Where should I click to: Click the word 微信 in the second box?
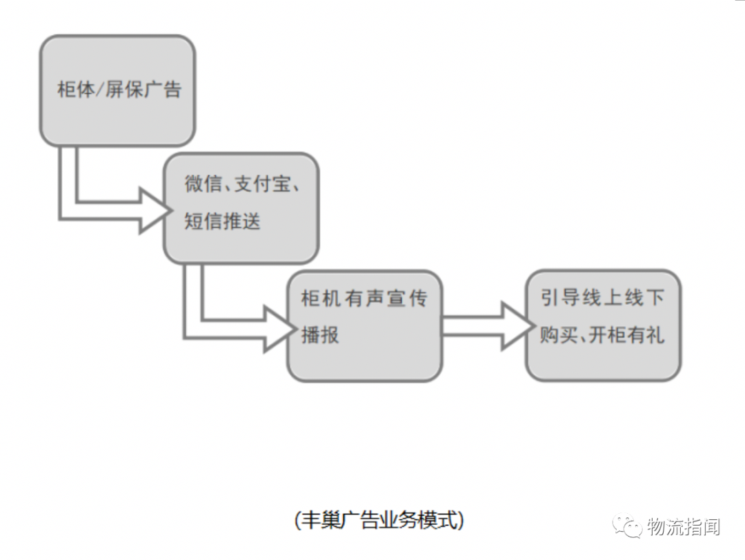203,184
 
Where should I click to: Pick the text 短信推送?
222,222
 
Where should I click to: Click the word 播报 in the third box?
320,336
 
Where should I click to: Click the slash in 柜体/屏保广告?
100,90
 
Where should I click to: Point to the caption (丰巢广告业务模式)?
379,520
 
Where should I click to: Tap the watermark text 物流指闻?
683,527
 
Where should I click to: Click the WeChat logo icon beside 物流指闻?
628,527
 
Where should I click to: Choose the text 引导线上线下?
603,298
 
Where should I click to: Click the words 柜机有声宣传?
364,299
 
